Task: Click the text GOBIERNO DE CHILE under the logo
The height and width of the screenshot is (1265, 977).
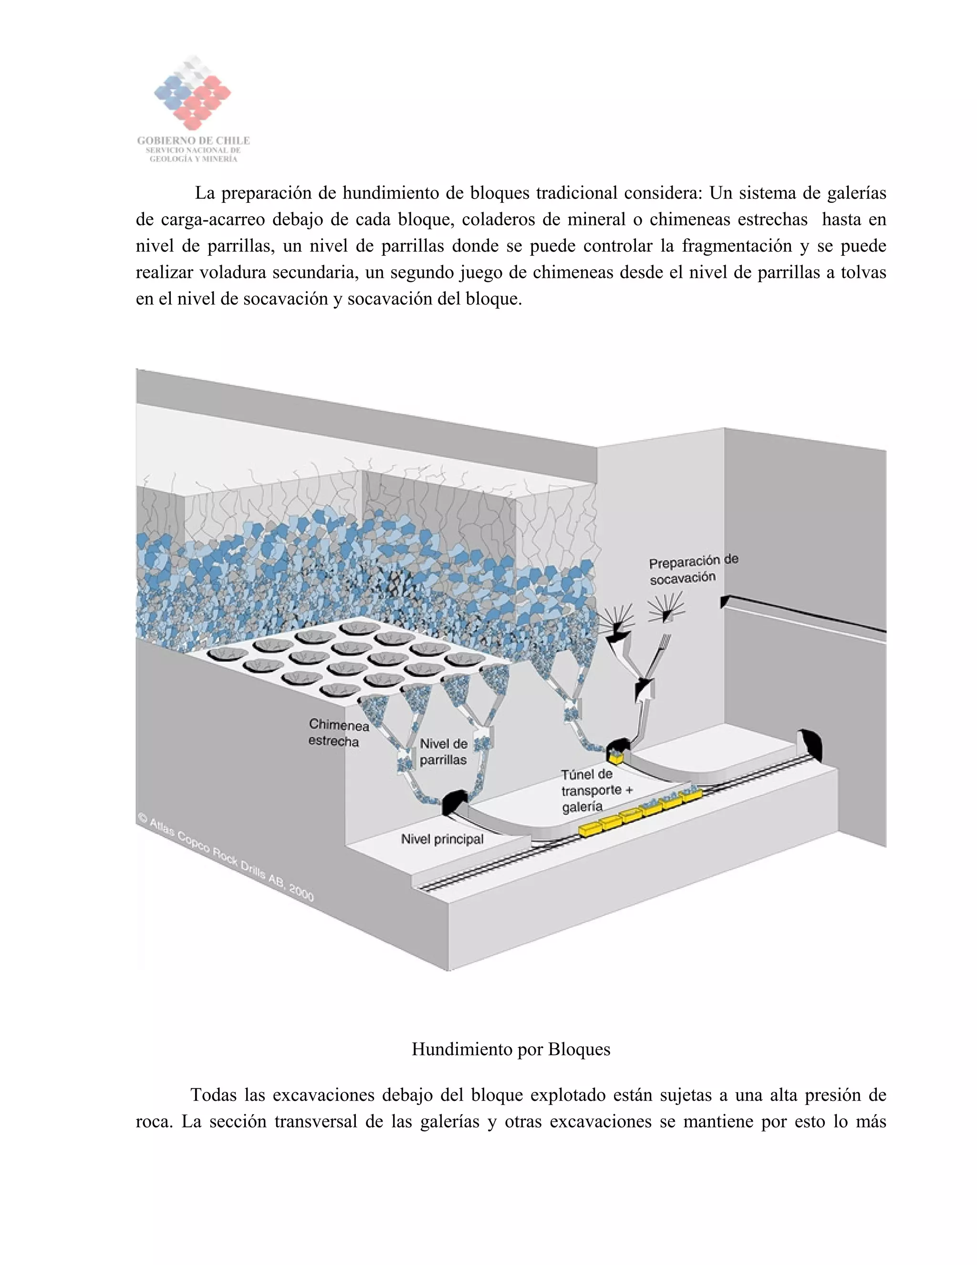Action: click(193, 140)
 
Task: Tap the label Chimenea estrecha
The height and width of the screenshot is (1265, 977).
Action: click(338, 733)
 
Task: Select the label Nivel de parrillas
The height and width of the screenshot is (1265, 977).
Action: click(443, 751)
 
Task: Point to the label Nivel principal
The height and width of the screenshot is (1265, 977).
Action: click(442, 839)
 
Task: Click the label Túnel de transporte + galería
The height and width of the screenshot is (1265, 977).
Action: click(596, 790)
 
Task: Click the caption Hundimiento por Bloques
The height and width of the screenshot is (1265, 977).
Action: click(510, 1049)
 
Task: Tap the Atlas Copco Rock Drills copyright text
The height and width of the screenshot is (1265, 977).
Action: click(226, 858)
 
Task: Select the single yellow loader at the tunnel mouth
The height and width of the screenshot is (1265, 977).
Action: click(614, 756)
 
